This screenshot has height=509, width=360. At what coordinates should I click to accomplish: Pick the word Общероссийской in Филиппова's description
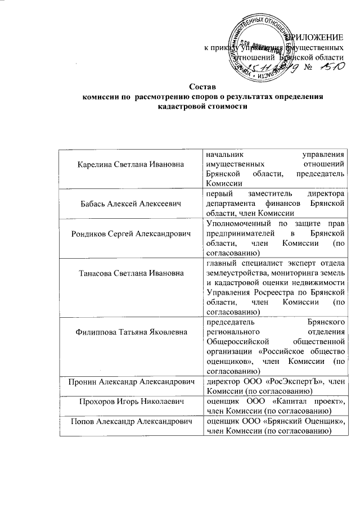point(236,341)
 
